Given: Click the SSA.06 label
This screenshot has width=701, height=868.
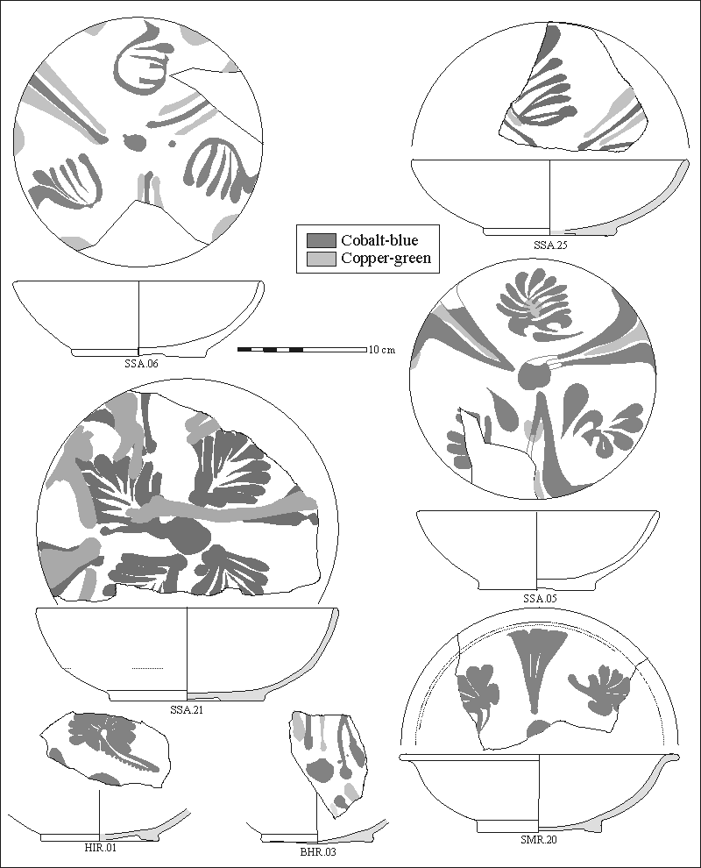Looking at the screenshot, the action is [141, 364].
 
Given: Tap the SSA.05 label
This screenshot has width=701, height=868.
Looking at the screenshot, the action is [540, 599].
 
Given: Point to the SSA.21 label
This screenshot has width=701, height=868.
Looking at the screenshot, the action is [186, 709].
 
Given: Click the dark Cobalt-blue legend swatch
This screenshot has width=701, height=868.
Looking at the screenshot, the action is [322, 240].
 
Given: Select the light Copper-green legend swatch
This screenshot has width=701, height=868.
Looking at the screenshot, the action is [322, 259].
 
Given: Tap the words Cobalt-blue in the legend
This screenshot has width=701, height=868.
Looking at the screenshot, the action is [379, 240].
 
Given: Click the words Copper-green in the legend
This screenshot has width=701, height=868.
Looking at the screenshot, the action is [386, 259].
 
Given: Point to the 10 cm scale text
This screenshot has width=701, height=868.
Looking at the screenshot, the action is [382, 350].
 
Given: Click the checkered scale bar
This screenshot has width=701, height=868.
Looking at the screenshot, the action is [302, 350].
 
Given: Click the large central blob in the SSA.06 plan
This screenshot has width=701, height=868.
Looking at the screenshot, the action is [134, 142].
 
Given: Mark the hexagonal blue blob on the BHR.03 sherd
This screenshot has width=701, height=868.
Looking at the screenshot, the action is [321, 769].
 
